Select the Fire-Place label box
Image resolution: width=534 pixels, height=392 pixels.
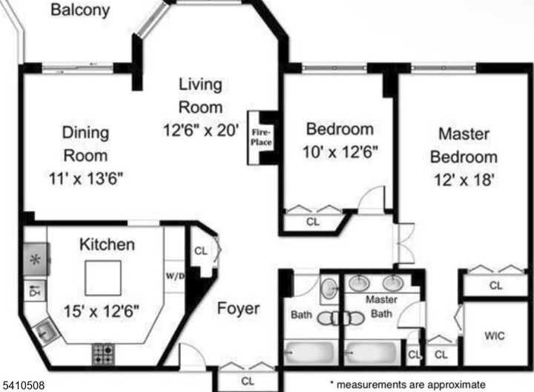(260, 138)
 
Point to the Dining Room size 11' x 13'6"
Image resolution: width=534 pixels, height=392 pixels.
(85, 178)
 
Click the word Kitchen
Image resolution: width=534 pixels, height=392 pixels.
(108, 244)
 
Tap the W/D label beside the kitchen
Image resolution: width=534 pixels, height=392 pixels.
(175, 275)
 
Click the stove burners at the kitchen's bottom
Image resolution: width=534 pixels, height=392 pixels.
(102, 353)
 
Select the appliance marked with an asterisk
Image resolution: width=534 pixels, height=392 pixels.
(35, 260)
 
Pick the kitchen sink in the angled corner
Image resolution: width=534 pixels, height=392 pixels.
(43, 330)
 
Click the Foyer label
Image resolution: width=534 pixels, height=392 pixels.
(238, 308)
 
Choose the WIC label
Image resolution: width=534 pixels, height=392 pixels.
(495, 336)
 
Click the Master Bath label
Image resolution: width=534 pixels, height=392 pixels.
(383, 307)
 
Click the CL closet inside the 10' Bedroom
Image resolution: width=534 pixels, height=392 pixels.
(313, 220)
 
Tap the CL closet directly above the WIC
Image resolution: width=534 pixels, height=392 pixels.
(495, 284)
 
